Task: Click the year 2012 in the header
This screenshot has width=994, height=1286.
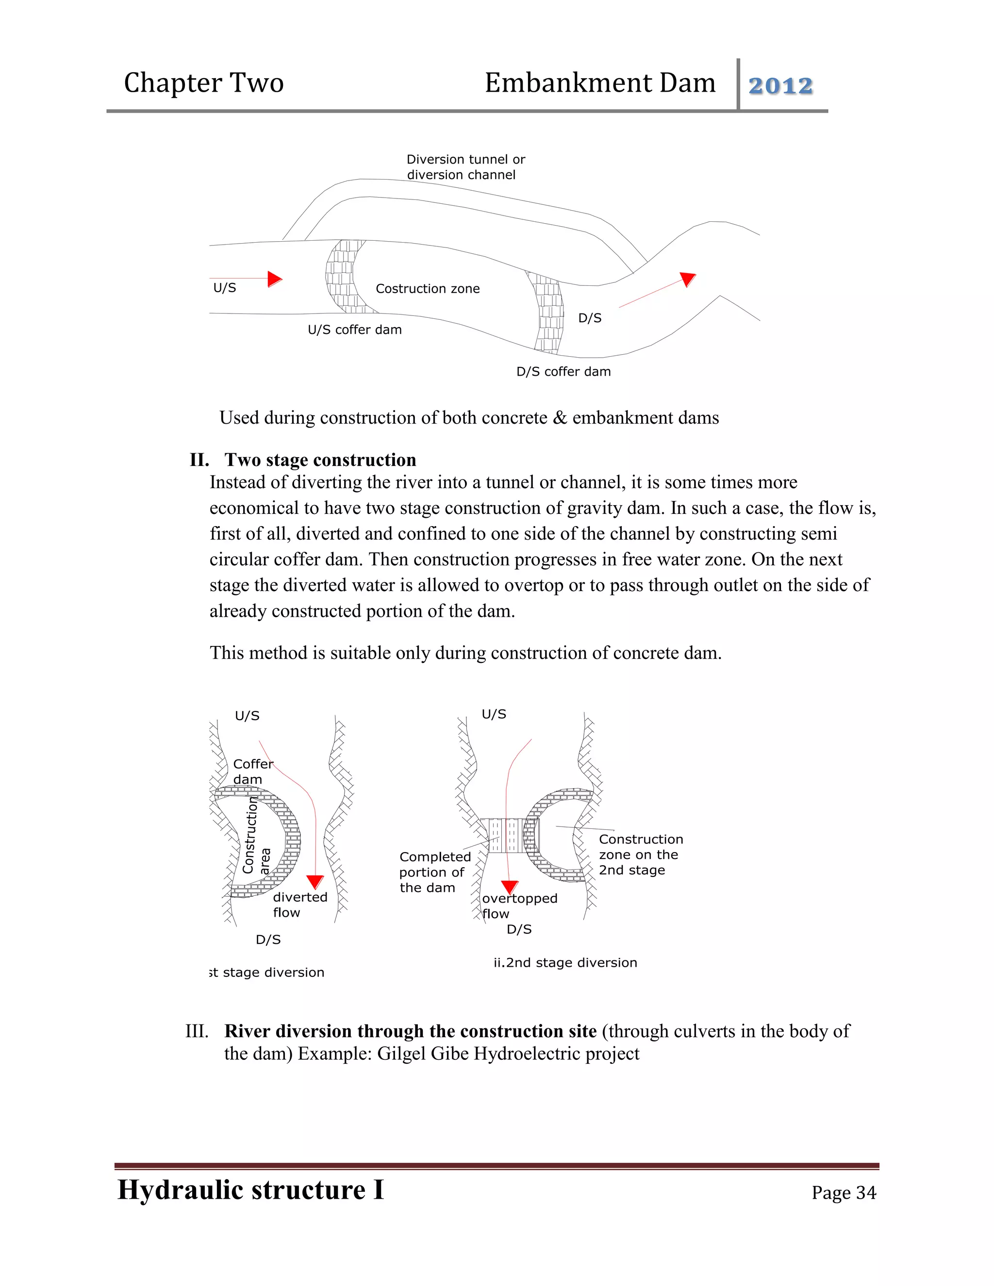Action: (x=780, y=86)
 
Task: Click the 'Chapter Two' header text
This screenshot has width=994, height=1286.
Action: (x=204, y=83)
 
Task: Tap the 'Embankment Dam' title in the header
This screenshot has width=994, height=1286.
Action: (x=599, y=83)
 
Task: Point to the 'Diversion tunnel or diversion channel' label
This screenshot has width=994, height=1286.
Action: (x=465, y=167)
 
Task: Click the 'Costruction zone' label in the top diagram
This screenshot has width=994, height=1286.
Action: (x=428, y=289)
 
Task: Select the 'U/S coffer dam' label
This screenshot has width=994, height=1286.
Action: (x=354, y=330)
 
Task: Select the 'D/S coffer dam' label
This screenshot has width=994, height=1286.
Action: (x=563, y=372)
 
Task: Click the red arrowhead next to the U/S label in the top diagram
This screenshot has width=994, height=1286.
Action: (x=274, y=279)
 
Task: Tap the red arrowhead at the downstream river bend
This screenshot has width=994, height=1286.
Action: (x=687, y=279)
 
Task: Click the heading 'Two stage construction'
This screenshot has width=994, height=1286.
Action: (x=320, y=460)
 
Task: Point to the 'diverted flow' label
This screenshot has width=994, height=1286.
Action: (x=300, y=905)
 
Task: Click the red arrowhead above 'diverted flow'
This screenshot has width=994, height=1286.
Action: (x=315, y=881)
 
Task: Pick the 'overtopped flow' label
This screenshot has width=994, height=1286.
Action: (x=519, y=906)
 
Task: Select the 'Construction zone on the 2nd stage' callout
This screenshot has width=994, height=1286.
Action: (x=641, y=855)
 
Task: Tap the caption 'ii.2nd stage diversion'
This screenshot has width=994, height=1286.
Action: (x=565, y=963)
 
